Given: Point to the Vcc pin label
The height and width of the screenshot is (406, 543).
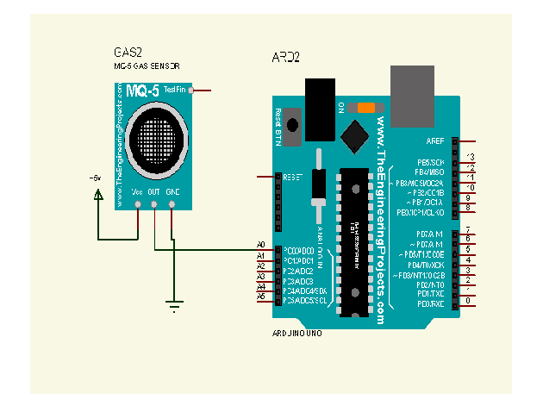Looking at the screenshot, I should point(137,191).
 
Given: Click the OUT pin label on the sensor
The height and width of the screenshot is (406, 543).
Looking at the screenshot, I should point(154,191).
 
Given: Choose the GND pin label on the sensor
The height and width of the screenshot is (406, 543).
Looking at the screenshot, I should point(172,191).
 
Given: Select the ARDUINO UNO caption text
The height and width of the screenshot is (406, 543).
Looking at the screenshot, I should point(297,332).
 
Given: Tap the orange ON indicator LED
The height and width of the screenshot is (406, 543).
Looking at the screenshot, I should point(366,108).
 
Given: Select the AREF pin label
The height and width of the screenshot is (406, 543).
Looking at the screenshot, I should point(435,141).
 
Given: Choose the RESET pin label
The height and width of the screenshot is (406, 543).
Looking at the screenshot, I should point(293,177).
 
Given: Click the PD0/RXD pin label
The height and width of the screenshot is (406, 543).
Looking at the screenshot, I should point(430,303).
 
